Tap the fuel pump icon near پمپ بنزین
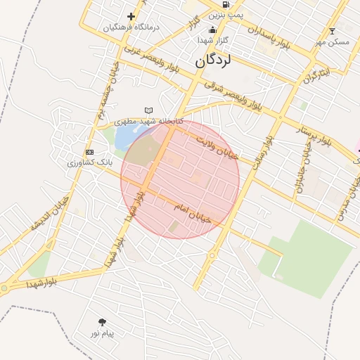point(225,4)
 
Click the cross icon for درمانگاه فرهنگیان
point(131,16)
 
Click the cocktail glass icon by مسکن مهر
point(333,31)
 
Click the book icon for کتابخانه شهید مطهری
point(148,110)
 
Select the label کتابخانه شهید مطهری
point(149,121)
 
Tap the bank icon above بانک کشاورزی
point(89,152)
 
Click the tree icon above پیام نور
point(103,322)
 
